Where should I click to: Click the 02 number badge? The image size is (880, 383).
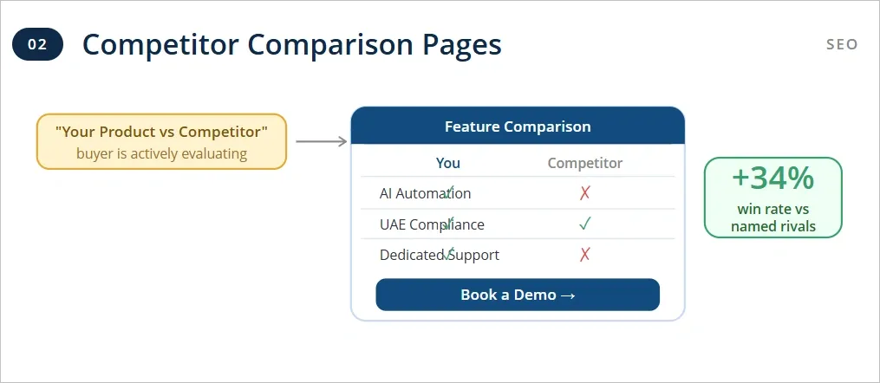[x=37, y=44]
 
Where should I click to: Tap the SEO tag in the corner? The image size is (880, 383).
[x=841, y=44]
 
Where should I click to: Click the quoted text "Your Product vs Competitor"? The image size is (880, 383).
[x=161, y=132]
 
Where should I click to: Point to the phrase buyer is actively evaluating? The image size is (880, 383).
[x=161, y=154]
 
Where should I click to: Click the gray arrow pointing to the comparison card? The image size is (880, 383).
[x=321, y=141]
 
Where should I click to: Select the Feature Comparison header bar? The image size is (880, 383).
[x=518, y=127]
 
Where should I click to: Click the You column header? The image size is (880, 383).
[x=448, y=163]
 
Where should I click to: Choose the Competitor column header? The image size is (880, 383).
[x=585, y=163]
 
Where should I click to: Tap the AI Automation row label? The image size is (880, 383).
[x=425, y=193]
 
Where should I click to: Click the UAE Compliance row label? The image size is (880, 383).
[x=432, y=224]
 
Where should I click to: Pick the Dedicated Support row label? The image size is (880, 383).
[x=439, y=255]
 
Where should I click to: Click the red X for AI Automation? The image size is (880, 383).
[x=585, y=193]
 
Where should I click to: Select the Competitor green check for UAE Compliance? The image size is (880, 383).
[x=585, y=224]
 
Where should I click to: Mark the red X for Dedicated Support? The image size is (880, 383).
[x=585, y=255]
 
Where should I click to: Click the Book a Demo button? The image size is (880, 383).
[x=518, y=295]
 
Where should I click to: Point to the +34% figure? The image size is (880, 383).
[x=773, y=178]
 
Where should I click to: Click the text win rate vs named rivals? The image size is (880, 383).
[x=773, y=218]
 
